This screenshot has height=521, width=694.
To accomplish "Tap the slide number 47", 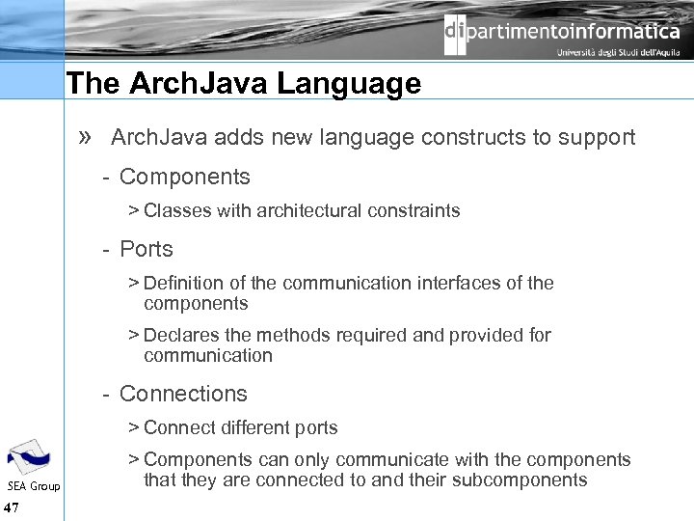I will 13,507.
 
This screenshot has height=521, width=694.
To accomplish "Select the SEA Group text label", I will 34,486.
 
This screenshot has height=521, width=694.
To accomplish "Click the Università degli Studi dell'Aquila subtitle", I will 618,53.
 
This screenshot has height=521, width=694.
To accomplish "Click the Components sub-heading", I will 184,177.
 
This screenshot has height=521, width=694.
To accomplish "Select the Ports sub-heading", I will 146,249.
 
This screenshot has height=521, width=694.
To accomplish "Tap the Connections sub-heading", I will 183,394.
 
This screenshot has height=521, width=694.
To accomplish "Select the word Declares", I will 179,335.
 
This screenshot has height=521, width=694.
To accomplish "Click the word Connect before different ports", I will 178,427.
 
